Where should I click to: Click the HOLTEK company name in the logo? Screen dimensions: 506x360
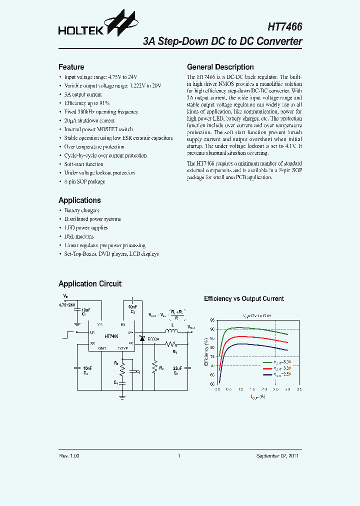80,31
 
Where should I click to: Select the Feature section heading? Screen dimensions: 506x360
71,67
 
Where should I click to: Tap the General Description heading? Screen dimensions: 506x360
220,67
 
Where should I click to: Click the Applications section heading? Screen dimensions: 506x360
79,200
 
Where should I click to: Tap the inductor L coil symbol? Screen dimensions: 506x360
173,331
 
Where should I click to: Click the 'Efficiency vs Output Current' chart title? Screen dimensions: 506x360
243,298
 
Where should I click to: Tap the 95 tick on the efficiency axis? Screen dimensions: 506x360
212,320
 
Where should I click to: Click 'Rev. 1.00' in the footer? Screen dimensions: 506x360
69,456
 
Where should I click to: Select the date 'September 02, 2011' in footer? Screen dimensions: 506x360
278,456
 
